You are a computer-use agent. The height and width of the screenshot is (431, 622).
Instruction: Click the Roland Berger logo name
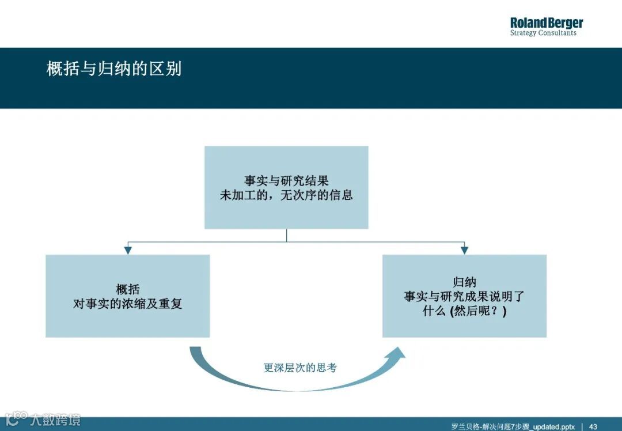pyautogui.click(x=546, y=23)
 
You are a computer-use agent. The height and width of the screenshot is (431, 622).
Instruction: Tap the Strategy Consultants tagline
pyautogui.click(x=543, y=33)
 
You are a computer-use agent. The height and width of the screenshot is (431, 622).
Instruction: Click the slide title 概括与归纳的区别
pyautogui.click(x=114, y=69)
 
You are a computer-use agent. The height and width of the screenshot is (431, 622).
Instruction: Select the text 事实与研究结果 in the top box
pyautogui.click(x=286, y=181)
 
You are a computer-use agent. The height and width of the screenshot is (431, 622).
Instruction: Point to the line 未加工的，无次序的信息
pyautogui.click(x=286, y=195)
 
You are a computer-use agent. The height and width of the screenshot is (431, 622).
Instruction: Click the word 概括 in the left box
pyautogui.click(x=127, y=289)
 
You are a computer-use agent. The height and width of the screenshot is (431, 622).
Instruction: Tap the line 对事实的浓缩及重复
pyautogui.click(x=127, y=304)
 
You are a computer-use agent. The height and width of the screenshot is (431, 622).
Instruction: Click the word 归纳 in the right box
pyautogui.click(x=464, y=282)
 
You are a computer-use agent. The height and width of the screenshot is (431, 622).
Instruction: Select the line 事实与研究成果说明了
pyautogui.click(x=464, y=297)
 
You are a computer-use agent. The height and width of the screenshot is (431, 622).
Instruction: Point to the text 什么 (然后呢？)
pyautogui.click(x=464, y=311)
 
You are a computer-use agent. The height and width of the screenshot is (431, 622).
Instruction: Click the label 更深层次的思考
pyautogui.click(x=300, y=368)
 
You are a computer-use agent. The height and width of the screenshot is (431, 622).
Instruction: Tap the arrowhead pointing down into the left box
pyautogui.click(x=128, y=250)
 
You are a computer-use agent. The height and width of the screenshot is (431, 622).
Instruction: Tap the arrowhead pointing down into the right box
pyautogui.click(x=464, y=250)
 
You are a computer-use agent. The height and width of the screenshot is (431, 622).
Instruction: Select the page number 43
pyautogui.click(x=593, y=426)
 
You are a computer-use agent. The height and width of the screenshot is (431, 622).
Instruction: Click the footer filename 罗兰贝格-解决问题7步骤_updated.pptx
pyautogui.click(x=513, y=426)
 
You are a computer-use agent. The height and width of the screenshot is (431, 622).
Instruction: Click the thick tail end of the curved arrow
pyautogui.click(x=196, y=350)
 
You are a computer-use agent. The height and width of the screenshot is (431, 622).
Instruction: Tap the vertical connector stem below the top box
pyautogui.click(x=286, y=235)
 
